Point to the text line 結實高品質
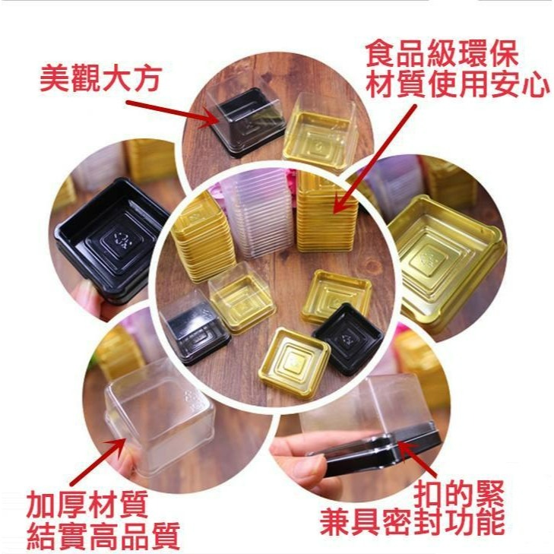click(x=103, y=535)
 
